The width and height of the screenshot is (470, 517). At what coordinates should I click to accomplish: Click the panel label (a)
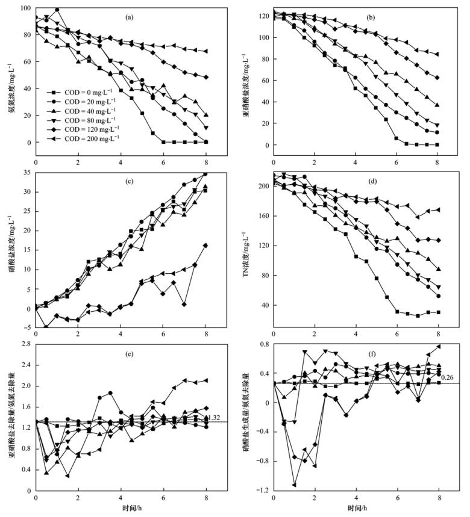129,17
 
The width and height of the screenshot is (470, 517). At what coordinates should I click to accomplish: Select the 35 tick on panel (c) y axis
27,173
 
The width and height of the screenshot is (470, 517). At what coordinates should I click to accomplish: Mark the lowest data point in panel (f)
295,484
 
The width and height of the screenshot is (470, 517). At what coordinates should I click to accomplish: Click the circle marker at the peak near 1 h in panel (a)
57,10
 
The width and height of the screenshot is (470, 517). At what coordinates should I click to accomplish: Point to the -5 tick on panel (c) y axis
27,327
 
